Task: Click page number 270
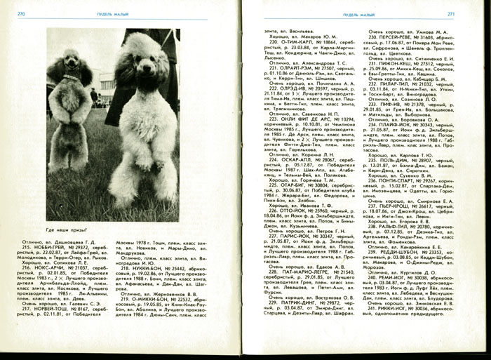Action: point(22,13)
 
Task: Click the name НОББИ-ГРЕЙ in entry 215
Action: point(58,248)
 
